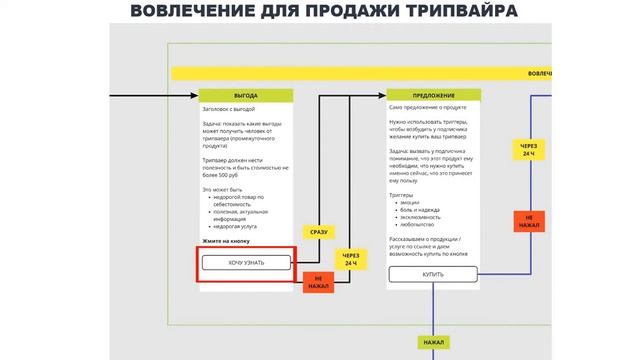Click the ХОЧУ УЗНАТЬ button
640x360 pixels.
coord(246,263)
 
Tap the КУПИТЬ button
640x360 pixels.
coord(433,273)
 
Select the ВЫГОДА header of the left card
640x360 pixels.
coord(245,95)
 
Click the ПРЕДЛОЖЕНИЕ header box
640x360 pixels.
coord(433,95)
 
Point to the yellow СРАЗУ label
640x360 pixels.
coord(318,232)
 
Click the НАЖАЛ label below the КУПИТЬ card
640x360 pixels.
coord(433,342)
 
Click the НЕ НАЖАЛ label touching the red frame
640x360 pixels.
coord(318,282)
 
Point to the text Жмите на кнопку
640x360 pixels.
coord(226,242)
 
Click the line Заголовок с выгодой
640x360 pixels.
coord(229,108)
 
